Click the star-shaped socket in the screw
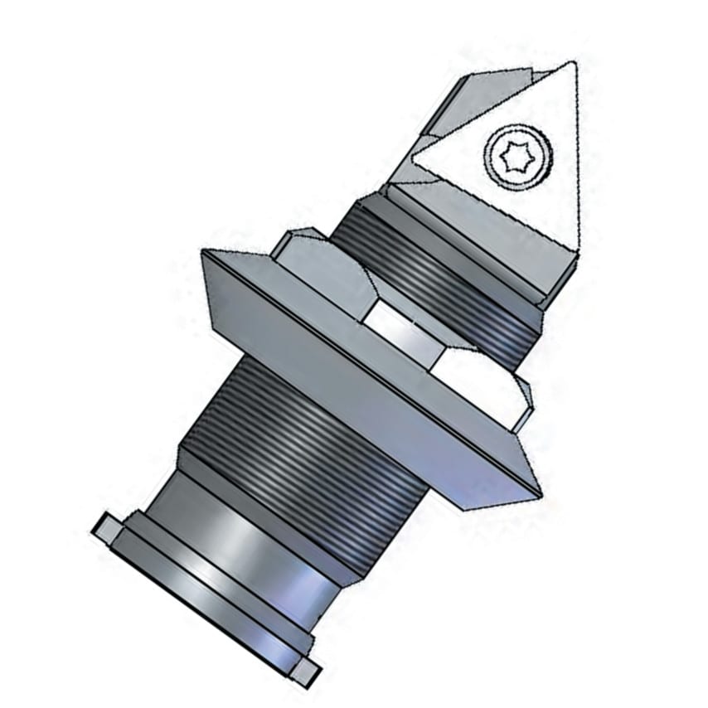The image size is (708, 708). pos(508,154)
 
